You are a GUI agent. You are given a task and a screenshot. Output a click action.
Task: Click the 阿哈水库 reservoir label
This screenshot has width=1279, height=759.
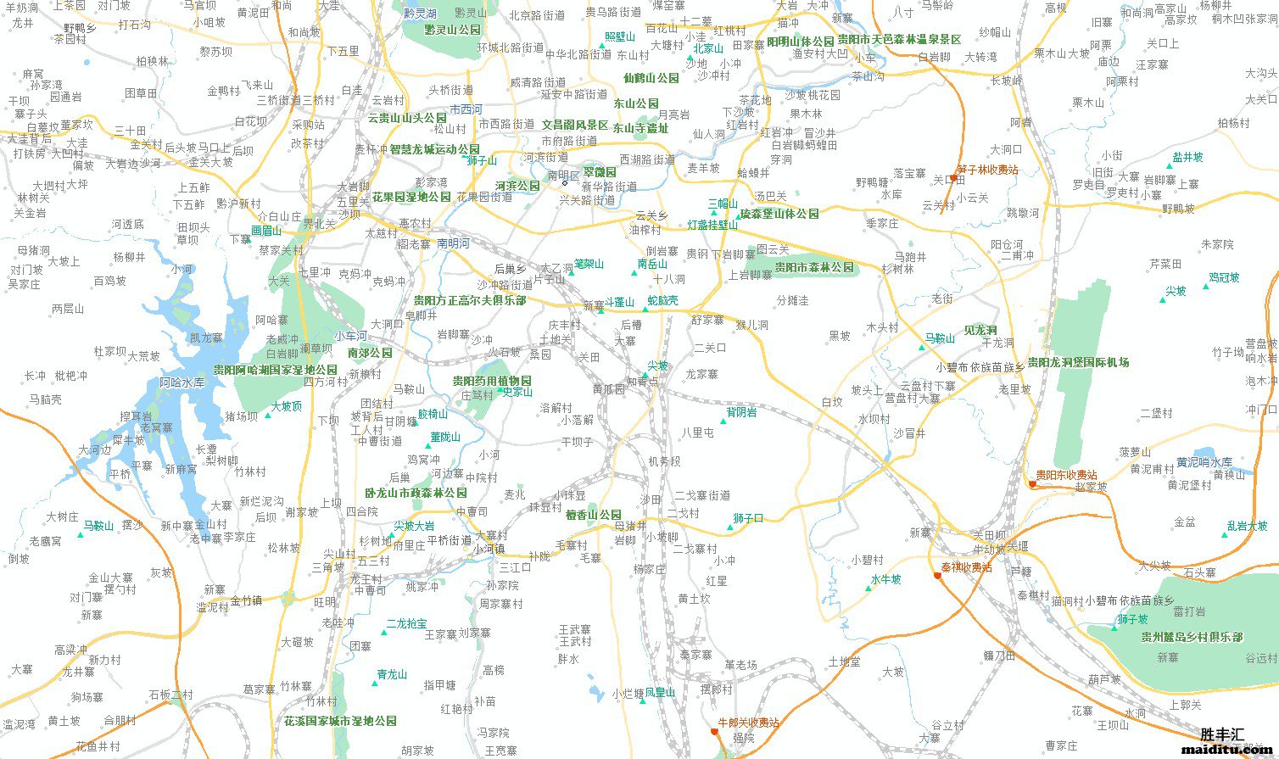pyautogui.click(x=182, y=382)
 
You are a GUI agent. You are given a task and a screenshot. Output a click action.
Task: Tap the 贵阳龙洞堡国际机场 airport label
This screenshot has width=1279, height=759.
pyautogui.click(x=1078, y=362)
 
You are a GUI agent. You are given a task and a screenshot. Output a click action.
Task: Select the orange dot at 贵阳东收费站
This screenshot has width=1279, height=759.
pyautogui.click(x=1031, y=484)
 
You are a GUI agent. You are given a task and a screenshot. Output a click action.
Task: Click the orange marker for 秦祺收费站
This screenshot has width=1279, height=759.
pyautogui.click(x=937, y=575)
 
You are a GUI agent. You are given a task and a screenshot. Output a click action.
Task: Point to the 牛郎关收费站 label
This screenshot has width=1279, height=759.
pyautogui.click(x=747, y=723)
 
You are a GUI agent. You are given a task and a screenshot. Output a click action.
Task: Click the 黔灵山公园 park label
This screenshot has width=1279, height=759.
pyautogui.click(x=452, y=30)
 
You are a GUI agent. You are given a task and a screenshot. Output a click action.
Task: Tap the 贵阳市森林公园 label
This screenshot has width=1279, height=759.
pyautogui.click(x=814, y=267)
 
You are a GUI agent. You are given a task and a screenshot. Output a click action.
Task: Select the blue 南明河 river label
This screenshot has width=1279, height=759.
pyautogui.click(x=453, y=243)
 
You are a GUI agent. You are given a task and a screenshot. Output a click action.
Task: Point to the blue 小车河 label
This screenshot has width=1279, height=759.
pyautogui.click(x=350, y=336)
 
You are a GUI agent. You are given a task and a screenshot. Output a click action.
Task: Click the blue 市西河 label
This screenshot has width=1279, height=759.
pyautogui.click(x=466, y=109)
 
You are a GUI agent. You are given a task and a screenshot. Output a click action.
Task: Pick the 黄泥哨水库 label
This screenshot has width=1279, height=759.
pyautogui.click(x=1204, y=462)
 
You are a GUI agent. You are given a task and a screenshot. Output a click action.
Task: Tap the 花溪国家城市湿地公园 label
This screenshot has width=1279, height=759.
pyautogui.click(x=340, y=721)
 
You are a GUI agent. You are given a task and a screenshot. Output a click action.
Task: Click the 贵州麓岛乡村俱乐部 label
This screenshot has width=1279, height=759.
pyautogui.click(x=1191, y=637)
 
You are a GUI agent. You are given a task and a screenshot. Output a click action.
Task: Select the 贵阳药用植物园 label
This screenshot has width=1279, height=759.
pyautogui.click(x=491, y=381)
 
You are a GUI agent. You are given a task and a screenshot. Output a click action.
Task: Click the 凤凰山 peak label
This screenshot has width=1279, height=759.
pyautogui.click(x=660, y=693)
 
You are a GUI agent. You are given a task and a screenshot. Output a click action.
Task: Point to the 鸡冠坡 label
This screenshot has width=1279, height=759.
pyautogui.click(x=1224, y=277)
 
